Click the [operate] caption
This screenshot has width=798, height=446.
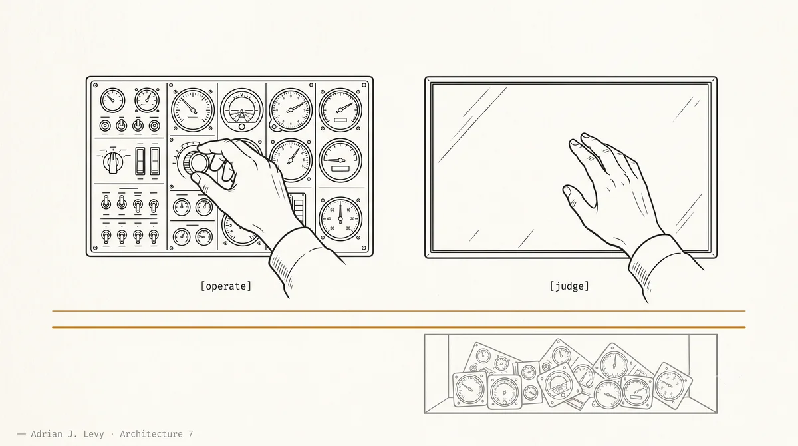click(x=226, y=286)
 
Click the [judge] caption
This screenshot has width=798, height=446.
click(x=569, y=286)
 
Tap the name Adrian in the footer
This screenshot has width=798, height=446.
click(x=47, y=434)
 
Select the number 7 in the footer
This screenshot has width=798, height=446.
click(x=190, y=434)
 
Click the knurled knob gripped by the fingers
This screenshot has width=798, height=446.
click(x=196, y=163)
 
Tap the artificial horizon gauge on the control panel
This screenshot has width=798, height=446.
click(x=242, y=109)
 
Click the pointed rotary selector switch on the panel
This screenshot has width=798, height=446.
click(x=113, y=162)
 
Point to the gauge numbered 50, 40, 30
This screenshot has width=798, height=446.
click(x=340, y=218)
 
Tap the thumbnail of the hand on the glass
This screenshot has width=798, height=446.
click(x=567, y=192)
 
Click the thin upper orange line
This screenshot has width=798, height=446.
click(x=398, y=311)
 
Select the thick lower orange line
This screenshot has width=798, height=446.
click(x=398, y=328)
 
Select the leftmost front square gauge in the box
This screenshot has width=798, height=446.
click(x=469, y=389)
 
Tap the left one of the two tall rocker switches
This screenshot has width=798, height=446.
click(x=140, y=161)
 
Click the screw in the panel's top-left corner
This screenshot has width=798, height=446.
click(x=96, y=85)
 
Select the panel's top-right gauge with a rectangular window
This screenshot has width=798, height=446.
click(x=340, y=110)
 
